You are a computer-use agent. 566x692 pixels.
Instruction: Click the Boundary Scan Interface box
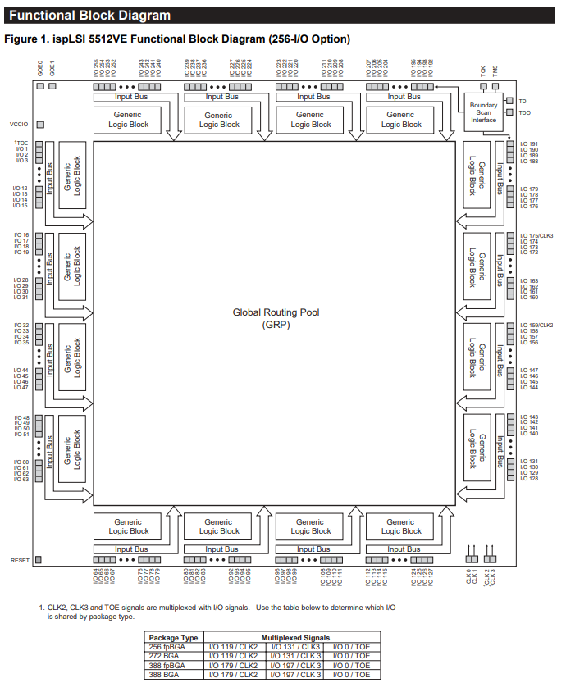coord(483,112)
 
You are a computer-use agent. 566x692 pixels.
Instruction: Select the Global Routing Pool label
coord(276,312)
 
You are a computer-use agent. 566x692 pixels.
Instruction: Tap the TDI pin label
coord(523,101)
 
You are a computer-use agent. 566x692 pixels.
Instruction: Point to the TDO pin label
coord(524,112)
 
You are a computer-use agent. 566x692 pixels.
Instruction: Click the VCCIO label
coord(20,124)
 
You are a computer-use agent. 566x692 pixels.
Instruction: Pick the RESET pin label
coord(20,560)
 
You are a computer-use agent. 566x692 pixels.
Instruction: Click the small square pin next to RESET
coord(39,560)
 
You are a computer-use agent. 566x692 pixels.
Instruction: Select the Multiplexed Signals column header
coord(295,637)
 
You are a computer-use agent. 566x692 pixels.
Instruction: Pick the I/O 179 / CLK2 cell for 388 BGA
coord(234,674)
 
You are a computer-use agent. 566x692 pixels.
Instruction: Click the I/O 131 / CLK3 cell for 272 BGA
coord(295,655)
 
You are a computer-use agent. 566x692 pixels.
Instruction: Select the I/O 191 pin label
coord(529,143)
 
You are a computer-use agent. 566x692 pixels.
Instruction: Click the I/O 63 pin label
coord(21,480)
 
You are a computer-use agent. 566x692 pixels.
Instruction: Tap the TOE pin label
coord(21,143)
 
